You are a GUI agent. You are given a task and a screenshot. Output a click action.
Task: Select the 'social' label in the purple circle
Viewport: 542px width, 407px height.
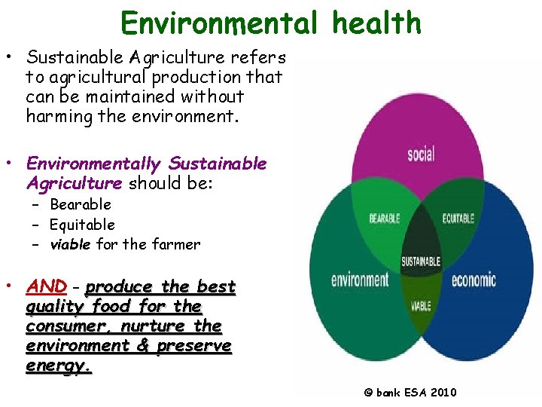[421, 155]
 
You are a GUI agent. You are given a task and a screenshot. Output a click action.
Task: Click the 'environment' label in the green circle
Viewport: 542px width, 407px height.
[360, 280]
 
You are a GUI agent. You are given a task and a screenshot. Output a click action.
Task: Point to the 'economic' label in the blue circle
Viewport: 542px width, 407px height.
[473, 280]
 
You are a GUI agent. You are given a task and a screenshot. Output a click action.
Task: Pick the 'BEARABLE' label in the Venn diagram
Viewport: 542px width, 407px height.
[384, 219]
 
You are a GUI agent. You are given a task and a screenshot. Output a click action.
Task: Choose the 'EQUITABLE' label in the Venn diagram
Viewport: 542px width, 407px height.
[457, 219]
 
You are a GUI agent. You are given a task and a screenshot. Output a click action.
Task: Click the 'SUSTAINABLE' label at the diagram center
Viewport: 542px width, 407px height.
[421, 262]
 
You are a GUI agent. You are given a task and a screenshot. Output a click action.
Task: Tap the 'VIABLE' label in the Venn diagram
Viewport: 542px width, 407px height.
[421, 307]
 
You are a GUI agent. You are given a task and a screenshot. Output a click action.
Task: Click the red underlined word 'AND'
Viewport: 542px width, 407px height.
[47, 287]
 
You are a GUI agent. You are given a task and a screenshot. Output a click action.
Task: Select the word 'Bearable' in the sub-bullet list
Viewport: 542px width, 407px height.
[80, 205]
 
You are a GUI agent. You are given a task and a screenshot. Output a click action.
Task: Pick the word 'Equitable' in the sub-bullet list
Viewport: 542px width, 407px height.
[82, 225]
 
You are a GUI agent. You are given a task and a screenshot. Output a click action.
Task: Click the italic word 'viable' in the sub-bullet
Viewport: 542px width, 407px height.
[70, 244]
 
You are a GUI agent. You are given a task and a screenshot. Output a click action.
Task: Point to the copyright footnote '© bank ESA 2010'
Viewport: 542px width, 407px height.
[410, 392]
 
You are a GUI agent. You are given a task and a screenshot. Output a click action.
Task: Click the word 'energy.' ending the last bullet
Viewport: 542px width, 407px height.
[59, 366]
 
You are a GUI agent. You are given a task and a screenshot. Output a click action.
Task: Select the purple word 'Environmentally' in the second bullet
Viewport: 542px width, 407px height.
[94, 164]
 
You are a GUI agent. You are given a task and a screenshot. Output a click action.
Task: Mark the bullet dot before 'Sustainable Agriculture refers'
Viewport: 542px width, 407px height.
[14, 57]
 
